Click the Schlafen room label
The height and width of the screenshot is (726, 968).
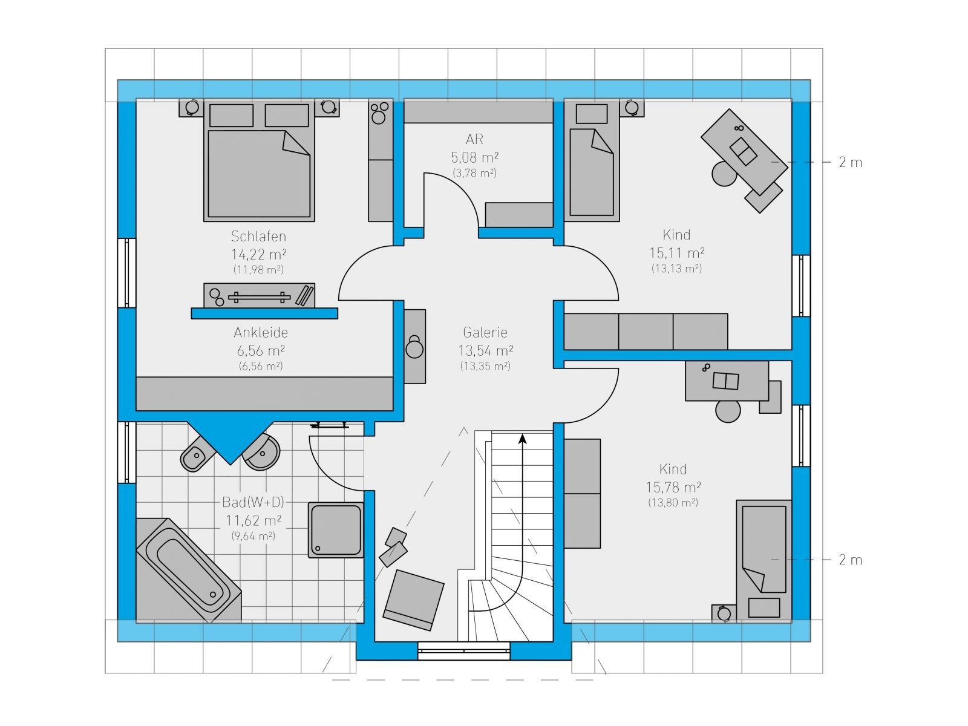pos(258,237)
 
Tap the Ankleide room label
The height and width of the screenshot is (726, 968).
pos(261,332)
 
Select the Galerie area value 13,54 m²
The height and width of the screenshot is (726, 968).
pos(486,351)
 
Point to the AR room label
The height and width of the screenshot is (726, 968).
pos(474,139)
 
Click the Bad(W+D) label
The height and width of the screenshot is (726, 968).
pos(253,502)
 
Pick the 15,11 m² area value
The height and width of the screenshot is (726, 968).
pos(676,253)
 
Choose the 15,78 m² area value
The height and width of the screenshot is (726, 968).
pos(673,487)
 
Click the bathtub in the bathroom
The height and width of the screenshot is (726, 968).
pos(189,570)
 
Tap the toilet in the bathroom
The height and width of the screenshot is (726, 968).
pos(196,456)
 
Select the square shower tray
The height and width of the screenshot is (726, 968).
pos(336,530)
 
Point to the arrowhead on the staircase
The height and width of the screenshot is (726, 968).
pos(523,439)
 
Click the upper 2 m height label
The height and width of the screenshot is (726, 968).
pos(850,163)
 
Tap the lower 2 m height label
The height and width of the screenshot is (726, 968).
pos(850,560)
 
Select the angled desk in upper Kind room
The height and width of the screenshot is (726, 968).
pos(744,152)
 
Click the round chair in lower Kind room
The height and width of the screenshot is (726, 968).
pos(728,411)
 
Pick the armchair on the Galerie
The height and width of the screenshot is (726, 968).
pos(414,600)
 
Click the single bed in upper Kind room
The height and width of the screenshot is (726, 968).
pos(592,160)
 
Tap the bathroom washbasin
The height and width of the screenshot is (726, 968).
pos(262,452)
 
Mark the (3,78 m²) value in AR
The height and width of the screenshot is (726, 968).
pos(474,173)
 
